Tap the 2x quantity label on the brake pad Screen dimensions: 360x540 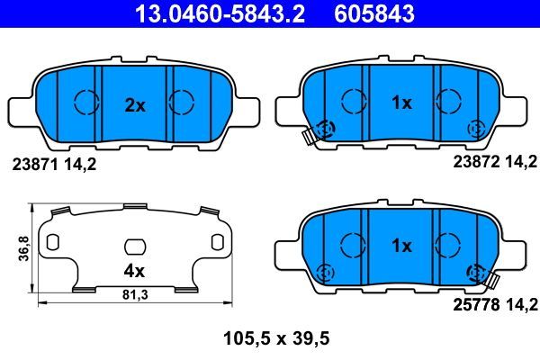tap(135, 105)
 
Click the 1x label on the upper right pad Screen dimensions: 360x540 tap(401, 103)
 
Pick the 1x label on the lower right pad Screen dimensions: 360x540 tap(401, 246)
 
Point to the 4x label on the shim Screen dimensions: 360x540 tap(135, 268)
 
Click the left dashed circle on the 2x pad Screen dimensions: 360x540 tap(85, 103)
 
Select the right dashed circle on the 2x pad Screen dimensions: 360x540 tap(183, 103)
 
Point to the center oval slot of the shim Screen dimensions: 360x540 tap(135, 246)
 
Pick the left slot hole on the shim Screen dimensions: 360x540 tap(53, 242)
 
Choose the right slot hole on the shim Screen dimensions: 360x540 tap(217, 242)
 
